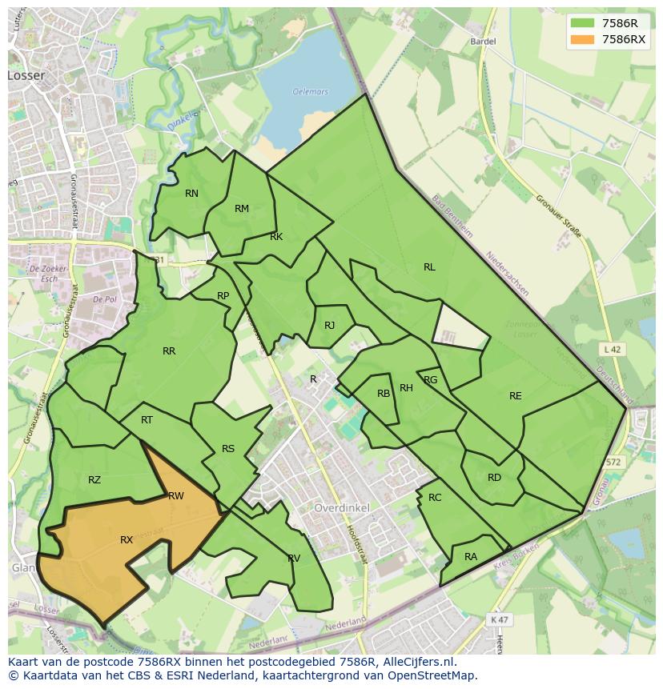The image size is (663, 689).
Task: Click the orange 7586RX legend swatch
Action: point(583,40)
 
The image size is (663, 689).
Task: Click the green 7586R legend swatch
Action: point(583,24)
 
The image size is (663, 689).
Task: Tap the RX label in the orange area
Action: point(127,540)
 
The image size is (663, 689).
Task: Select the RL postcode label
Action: point(429,267)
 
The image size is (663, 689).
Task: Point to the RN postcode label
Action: point(191,194)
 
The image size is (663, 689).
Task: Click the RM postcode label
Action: point(242,209)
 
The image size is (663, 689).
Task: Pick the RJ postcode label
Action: point(329,326)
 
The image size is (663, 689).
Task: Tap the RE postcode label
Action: point(515,396)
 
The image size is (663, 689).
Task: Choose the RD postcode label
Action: point(494,478)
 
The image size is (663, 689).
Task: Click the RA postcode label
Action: point(471,557)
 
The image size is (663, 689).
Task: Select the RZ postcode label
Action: point(94,480)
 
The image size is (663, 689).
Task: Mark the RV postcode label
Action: point(294,559)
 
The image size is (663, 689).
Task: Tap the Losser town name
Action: point(26,75)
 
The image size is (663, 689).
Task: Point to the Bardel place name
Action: point(484,41)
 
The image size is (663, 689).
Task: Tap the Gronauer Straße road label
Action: point(558,217)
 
